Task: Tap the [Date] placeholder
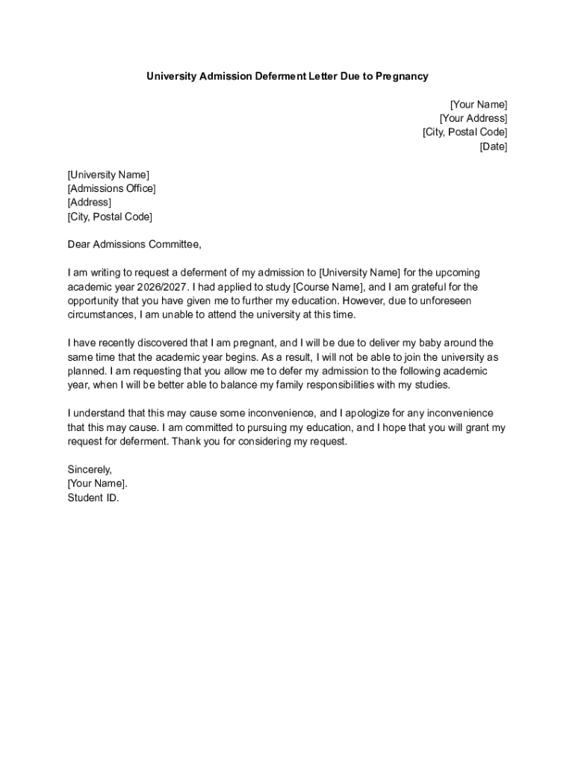click(493, 146)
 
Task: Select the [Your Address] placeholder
click(473, 118)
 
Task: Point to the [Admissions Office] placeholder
click(111, 188)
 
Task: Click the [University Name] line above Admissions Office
click(108, 175)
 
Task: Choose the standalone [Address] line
click(89, 202)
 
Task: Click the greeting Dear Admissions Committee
click(134, 244)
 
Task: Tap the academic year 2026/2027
click(164, 287)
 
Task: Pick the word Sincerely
click(90, 469)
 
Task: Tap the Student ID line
click(93, 498)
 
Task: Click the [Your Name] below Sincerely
click(97, 483)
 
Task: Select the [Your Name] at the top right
click(478, 105)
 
